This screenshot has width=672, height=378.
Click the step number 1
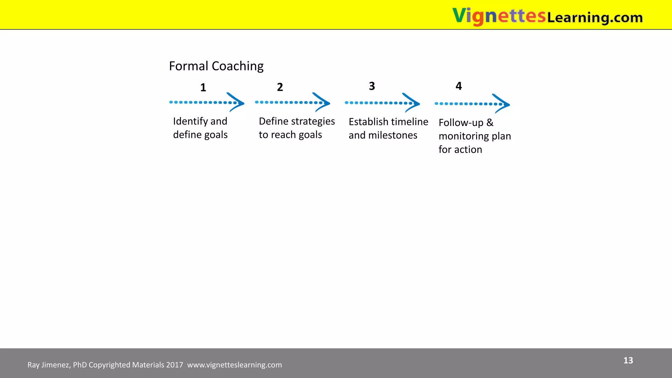pos(203,88)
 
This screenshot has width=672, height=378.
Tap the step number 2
pos(280,87)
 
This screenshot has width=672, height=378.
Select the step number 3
pos(372,86)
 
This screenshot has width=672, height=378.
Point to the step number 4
pos(459,86)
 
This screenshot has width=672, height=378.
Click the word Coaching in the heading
pos(238,66)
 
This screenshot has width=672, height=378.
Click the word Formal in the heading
pos(189,66)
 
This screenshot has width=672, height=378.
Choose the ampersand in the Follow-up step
pos(490,122)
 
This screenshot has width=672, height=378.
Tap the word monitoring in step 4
pos(464,136)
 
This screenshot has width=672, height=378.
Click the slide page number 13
pos(628,360)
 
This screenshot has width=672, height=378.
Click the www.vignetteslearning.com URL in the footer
pos(234,365)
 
